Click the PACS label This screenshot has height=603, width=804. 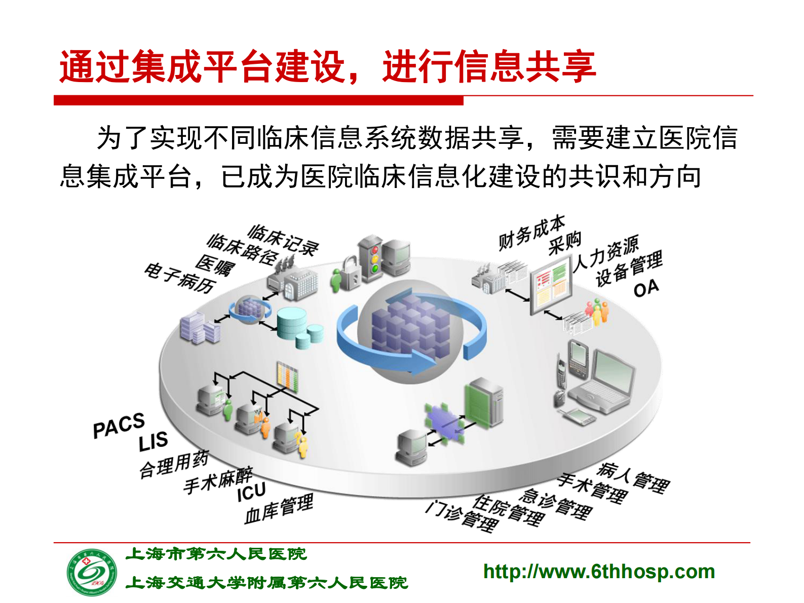pyautogui.click(x=119, y=426)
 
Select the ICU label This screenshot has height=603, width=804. pyautogui.click(x=251, y=492)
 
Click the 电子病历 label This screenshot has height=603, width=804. pyautogui.click(x=180, y=278)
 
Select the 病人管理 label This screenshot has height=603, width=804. pyautogui.click(x=633, y=477)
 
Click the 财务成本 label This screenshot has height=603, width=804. pyautogui.click(x=531, y=233)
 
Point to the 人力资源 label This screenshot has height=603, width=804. pyautogui.click(x=606, y=253)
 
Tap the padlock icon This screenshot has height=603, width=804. pyautogui.click(x=350, y=274)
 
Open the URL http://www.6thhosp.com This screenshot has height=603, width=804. pyautogui.click(x=599, y=572)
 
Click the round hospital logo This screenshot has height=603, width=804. pyautogui.click(x=92, y=573)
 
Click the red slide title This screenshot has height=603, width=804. pyautogui.click(x=327, y=67)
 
